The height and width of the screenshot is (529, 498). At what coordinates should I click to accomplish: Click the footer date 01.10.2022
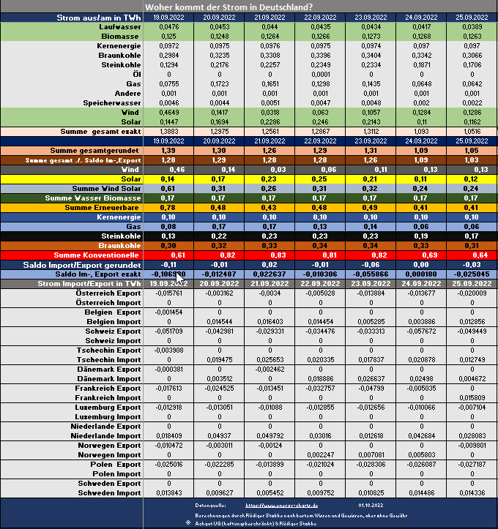[x=371, y=505]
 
